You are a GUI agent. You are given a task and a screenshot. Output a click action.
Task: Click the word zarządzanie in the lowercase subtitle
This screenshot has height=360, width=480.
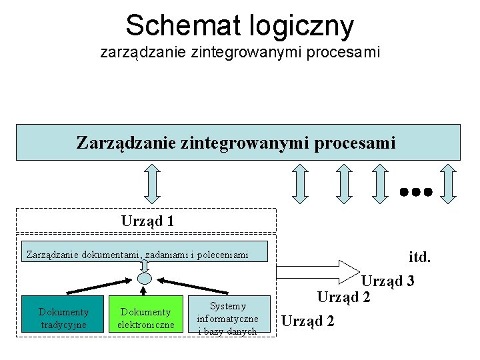[138, 51]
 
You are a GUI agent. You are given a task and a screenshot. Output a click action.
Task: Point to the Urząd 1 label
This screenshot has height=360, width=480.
[147, 220]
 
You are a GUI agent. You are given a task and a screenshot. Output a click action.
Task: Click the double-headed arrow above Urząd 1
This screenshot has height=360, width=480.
[153, 183]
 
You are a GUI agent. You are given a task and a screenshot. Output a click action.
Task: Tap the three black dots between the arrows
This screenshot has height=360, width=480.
[417, 191]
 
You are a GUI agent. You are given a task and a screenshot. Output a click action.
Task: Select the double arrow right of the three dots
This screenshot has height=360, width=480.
[449, 183]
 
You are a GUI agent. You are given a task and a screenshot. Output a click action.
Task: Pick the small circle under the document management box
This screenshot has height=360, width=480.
[145, 278]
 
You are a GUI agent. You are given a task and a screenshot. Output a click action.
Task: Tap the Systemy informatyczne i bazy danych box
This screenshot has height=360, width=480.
[228, 317]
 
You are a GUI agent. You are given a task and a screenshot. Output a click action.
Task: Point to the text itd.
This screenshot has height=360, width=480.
[420, 256]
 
